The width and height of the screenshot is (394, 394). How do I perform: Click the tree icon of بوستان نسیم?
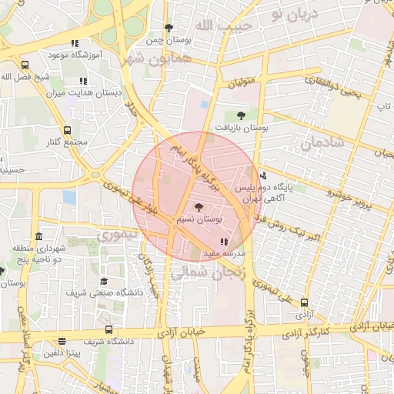click(x=199, y=207)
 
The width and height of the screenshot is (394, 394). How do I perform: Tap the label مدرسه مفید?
click(x=224, y=253)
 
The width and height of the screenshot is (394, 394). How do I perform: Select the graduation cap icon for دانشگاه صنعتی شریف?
click(x=104, y=282)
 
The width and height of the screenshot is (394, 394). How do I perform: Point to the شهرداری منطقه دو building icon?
click(x=39, y=236)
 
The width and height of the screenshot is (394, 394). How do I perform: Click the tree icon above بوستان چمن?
click(x=169, y=28)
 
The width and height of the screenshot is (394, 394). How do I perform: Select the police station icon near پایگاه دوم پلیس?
click(x=264, y=175)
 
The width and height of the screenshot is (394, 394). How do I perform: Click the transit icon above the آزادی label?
click(x=305, y=302)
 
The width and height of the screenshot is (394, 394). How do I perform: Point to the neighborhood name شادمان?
click(x=319, y=144)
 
